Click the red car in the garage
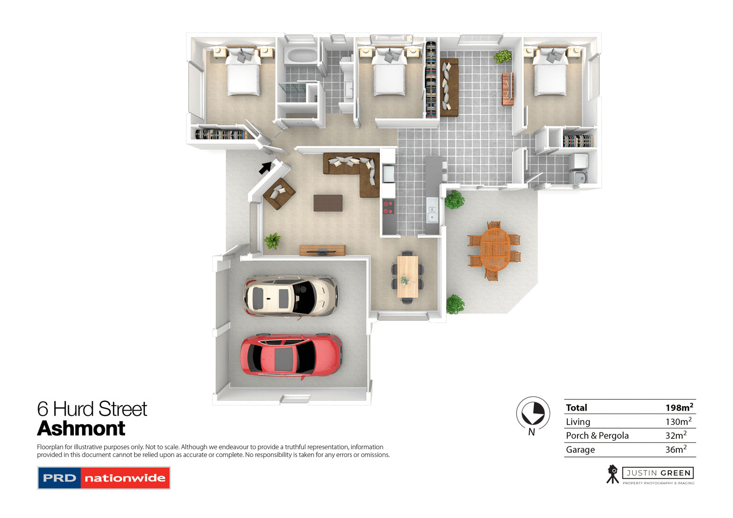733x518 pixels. point(291,355)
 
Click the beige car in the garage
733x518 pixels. point(291,296)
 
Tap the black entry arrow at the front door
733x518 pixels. point(265,167)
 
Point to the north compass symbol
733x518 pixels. point(533,414)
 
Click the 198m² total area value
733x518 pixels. point(679,408)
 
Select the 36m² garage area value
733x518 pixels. point(675,450)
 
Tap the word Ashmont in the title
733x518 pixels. point(81,429)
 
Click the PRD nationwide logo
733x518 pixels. point(104,478)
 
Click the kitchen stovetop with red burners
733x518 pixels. point(388,207)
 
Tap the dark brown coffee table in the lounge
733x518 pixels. point(328,203)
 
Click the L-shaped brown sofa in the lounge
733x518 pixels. point(357,168)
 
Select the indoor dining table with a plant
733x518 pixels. point(407,276)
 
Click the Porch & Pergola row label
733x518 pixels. point(597,435)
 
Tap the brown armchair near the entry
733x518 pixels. point(279,193)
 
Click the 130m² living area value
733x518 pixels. point(678,422)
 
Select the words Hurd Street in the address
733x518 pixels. point(100,409)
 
